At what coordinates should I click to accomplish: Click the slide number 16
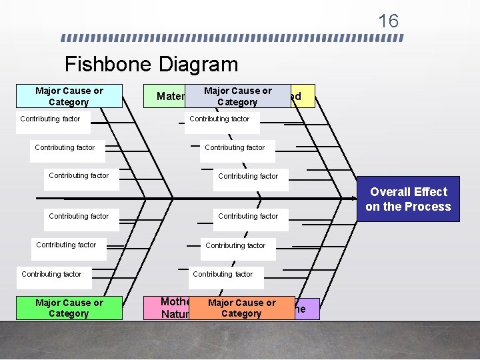pos(388,21)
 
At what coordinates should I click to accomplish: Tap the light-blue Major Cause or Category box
pos(69,96)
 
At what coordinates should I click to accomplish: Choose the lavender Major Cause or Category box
pos(238,96)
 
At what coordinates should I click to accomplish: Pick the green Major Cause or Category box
pos(69,308)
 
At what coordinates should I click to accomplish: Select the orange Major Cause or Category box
pos(241,308)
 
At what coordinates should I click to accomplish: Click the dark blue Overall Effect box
pos(408,199)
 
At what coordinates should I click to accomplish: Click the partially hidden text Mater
pos(170,97)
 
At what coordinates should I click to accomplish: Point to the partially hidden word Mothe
pos(175,302)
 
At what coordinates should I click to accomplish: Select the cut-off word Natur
pos(175,313)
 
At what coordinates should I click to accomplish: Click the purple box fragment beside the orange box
pos(306,309)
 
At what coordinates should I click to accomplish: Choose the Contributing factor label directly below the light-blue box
pos(50,119)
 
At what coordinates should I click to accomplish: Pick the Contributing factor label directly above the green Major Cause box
pos(51,274)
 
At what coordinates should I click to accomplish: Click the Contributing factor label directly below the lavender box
pos(219,119)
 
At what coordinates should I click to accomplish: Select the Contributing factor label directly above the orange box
pos(223,274)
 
